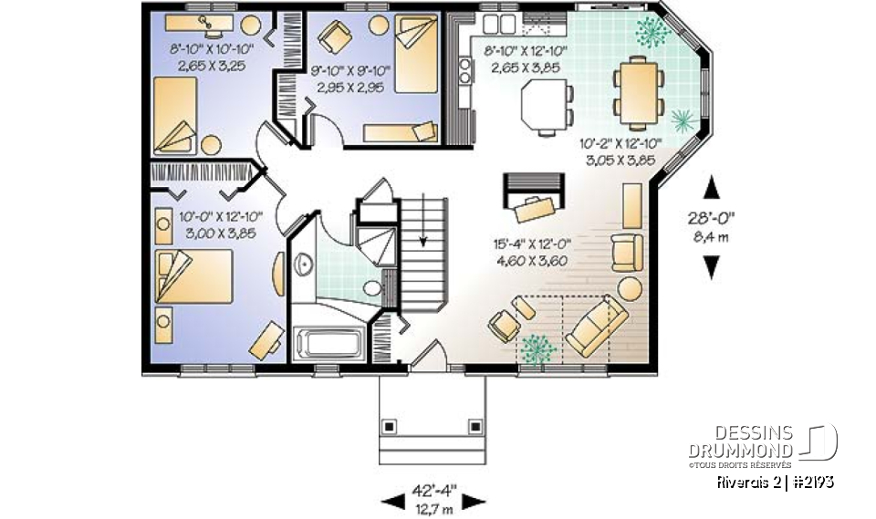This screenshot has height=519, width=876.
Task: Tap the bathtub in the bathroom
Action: [329, 345]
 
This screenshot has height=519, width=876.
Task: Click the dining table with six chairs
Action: [638, 90]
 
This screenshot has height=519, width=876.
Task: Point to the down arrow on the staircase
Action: [423, 238]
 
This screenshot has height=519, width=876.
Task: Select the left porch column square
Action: [391, 425]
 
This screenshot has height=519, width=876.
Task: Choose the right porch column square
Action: [474, 425]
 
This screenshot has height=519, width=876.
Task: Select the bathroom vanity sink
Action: [304, 265]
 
